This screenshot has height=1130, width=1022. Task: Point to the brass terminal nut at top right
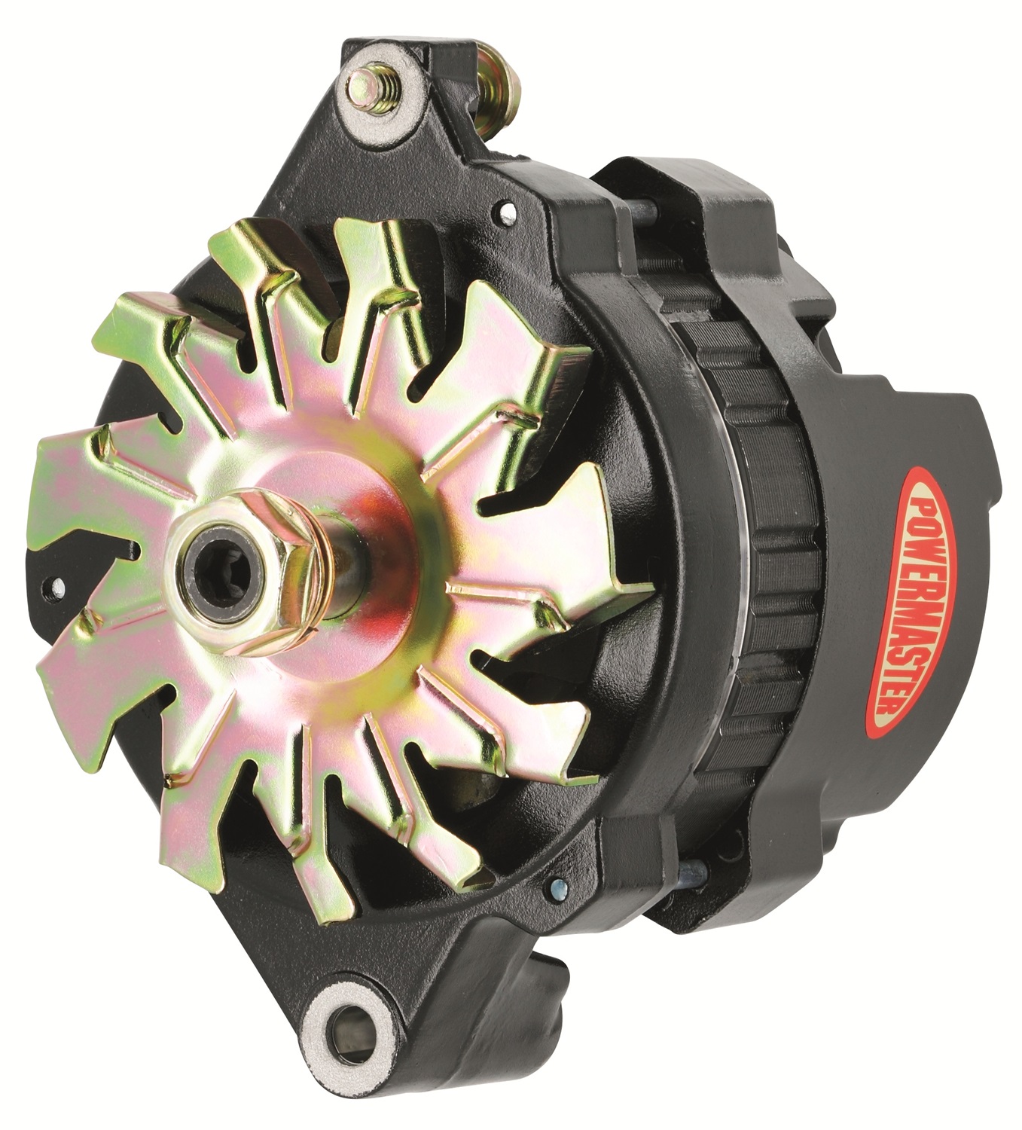[x=498, y=82]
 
